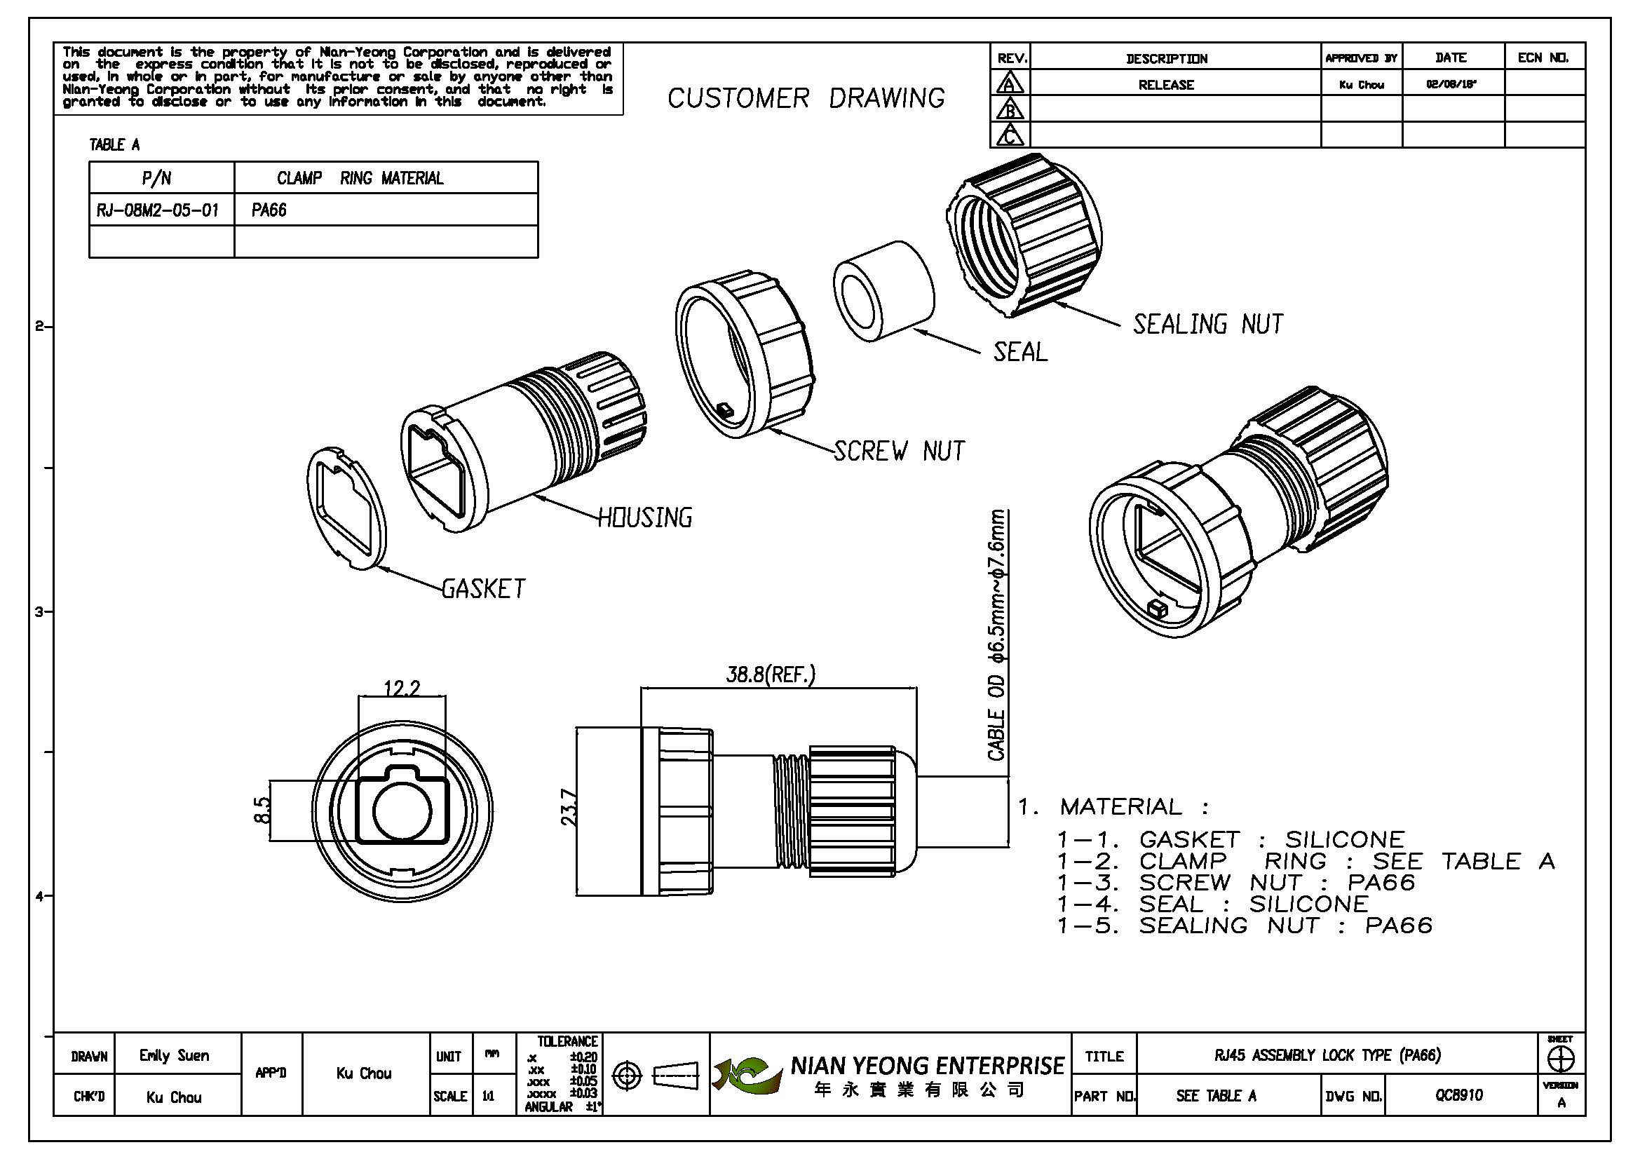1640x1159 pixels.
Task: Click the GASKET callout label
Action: tap(484, 589)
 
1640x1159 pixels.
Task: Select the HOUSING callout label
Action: tap(644, 517)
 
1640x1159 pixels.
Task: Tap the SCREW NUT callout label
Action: tap(900, 452)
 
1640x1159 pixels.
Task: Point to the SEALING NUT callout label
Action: tap(1208, 325)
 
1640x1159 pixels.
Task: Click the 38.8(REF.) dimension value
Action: tap(770, 675)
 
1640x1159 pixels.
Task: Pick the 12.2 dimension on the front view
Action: tap(402, 689)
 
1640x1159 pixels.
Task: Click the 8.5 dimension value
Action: tap(263, 811)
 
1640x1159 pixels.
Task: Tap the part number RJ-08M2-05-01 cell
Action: tap(158, 210)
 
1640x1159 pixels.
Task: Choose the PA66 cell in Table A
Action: tap(269, 210)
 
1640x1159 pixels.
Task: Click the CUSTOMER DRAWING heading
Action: tap(806, 99)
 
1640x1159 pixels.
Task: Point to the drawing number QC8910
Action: tap(1458, 1095)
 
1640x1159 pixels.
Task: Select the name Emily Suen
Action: tap(175, 1055)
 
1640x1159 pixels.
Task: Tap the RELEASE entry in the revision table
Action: tap(1166, 85)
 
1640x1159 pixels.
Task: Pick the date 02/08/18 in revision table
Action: tap(1451, 84)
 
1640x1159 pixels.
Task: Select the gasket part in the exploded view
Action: tap(346, 508)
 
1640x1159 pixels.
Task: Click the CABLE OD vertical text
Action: tap(997, 635)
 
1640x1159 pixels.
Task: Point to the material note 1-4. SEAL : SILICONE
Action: tap(1213, 904)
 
